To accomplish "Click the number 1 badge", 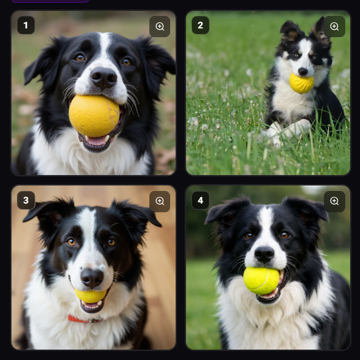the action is pyautogui.click(x=26, y=25).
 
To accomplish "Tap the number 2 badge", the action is pyautogui.click(x=200, y=25).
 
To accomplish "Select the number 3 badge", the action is pyautogui.click(x=26, y=200).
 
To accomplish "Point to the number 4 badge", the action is pyautogui.click(x=200, y=200).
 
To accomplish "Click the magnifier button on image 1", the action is pyautogui.click(x=160, y=26).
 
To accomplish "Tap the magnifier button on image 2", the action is pyautogui.click(x=334, y=26).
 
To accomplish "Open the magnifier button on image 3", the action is pyautogui.click(x=160, y=201).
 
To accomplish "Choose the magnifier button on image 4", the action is pyautogui.click(x=334, y=201).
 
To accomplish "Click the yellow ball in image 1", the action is pyautogui.click(x=94, y=116).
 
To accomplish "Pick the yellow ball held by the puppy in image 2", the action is pyautogui.click(x=301, y=83).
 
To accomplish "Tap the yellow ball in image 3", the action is pyautogui.click(x=91, y=295).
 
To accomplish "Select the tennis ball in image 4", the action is pyautogui.click(x=262, y=281).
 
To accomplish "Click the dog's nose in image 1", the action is pyautogui.click(x=104, y=78).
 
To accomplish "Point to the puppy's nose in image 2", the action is pyautogui.click(x=303, y=72).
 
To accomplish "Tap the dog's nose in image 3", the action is pyautogui.click(x=92, y=278).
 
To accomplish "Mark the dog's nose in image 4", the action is pyautogui.click(x=264, y=254).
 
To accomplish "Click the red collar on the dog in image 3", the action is pyautogui.click(x=84, y=320).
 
